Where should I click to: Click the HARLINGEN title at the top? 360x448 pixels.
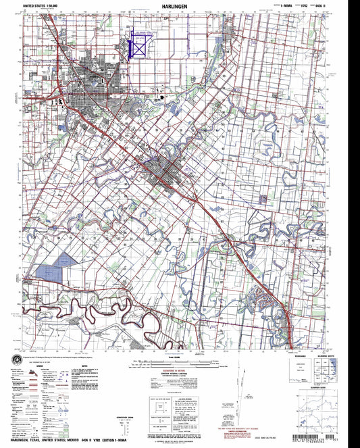pos(179,5)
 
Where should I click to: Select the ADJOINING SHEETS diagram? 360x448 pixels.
pos(324,370)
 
